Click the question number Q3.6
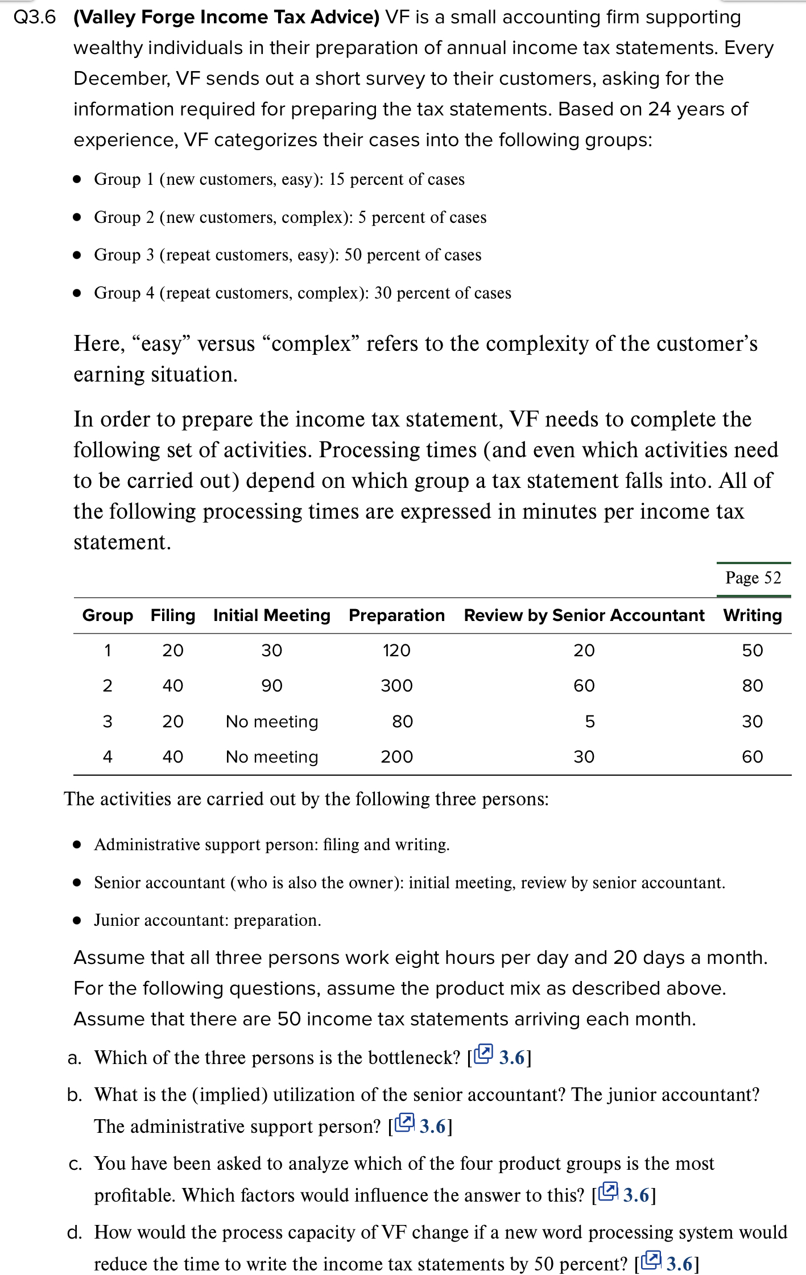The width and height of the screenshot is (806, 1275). coord(35,17)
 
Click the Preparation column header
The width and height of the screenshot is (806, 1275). coord(396,615)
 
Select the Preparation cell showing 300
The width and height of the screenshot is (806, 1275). coord(396,685)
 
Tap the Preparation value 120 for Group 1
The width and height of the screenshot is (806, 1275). coord(396,650)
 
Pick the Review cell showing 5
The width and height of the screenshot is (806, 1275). coord(589,721)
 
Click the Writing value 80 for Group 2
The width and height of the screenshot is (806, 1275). coord(752,685)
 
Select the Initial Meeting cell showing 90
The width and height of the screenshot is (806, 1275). coord(271,685)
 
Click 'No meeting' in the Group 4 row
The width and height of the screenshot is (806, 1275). coord(272,756)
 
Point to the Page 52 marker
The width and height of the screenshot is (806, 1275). coord(753,578)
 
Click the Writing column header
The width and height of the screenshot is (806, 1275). coord(752,615)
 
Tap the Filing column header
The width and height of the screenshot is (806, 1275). coord(172,615)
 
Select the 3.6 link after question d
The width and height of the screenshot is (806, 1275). coord(679,1264)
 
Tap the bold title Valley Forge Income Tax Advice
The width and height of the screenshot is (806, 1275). coord(226,17)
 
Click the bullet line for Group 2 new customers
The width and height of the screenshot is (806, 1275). coord(290,217)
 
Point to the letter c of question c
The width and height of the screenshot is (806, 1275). coord(75,1164)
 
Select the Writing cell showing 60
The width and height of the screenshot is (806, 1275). coord(752,756)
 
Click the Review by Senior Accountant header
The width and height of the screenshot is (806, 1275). coord(584,615)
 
